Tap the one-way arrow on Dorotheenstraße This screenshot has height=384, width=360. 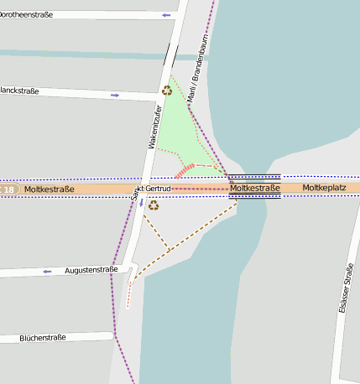coord(167,15)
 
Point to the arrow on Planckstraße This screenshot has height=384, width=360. coord(115,95)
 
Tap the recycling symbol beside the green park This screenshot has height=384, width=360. coord(167,90)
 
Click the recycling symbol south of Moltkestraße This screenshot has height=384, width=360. coord(154,205)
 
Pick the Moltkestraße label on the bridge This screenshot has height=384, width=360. coord(255,189)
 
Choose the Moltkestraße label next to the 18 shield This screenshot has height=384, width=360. coord(50,189)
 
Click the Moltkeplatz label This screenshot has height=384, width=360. coord(324,188)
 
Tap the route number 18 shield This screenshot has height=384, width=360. coord(8,190)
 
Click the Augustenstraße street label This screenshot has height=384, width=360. coord(91,270)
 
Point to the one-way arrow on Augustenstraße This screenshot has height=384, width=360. coord(48,272)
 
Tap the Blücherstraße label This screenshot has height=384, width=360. coord(42,338)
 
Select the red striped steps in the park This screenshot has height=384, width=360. coord(185,170)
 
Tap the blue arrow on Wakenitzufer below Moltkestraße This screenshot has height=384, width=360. coord(142,203)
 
